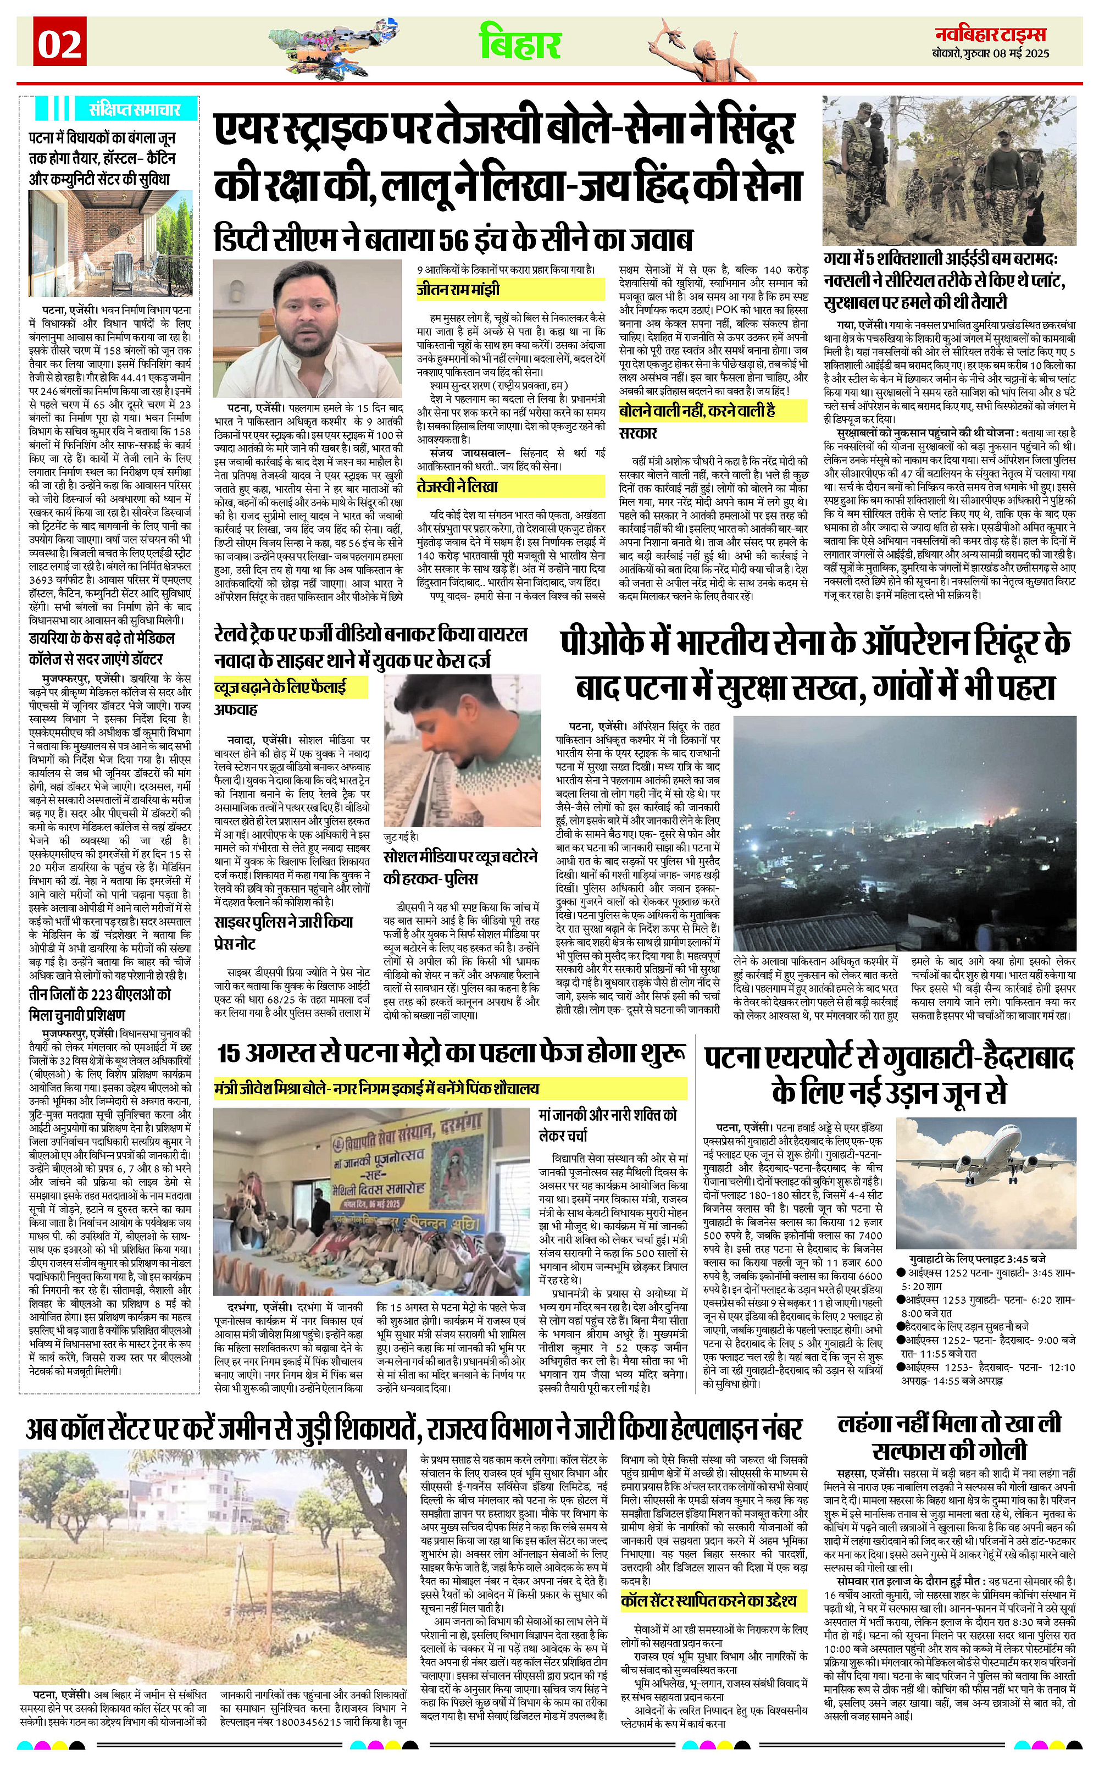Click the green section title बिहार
(520, 43)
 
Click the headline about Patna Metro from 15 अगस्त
(451, 1051)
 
